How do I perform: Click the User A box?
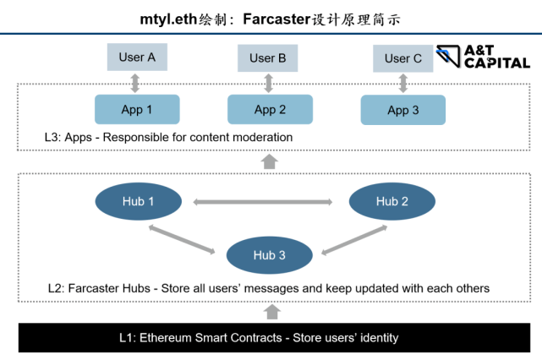point(137,57)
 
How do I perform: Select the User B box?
point(268,58)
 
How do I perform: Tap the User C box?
point(402,58)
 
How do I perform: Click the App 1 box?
point(137,109)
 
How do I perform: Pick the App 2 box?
point(270,109)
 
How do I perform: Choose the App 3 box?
point(403,110)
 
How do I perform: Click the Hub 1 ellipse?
point(138,201)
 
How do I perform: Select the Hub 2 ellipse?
point(392,201)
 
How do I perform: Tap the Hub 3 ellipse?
point(270,254)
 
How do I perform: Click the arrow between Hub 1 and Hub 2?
point(262,202)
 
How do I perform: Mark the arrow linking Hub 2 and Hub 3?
point(348,238)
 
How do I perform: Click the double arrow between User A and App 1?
point(136,83)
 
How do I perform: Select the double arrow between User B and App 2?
point(269,83)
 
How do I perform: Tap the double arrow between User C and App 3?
point(403,83)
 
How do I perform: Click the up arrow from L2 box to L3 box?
point(270,161)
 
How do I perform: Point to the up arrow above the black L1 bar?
point(271,312)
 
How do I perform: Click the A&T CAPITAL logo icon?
point(449,57)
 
